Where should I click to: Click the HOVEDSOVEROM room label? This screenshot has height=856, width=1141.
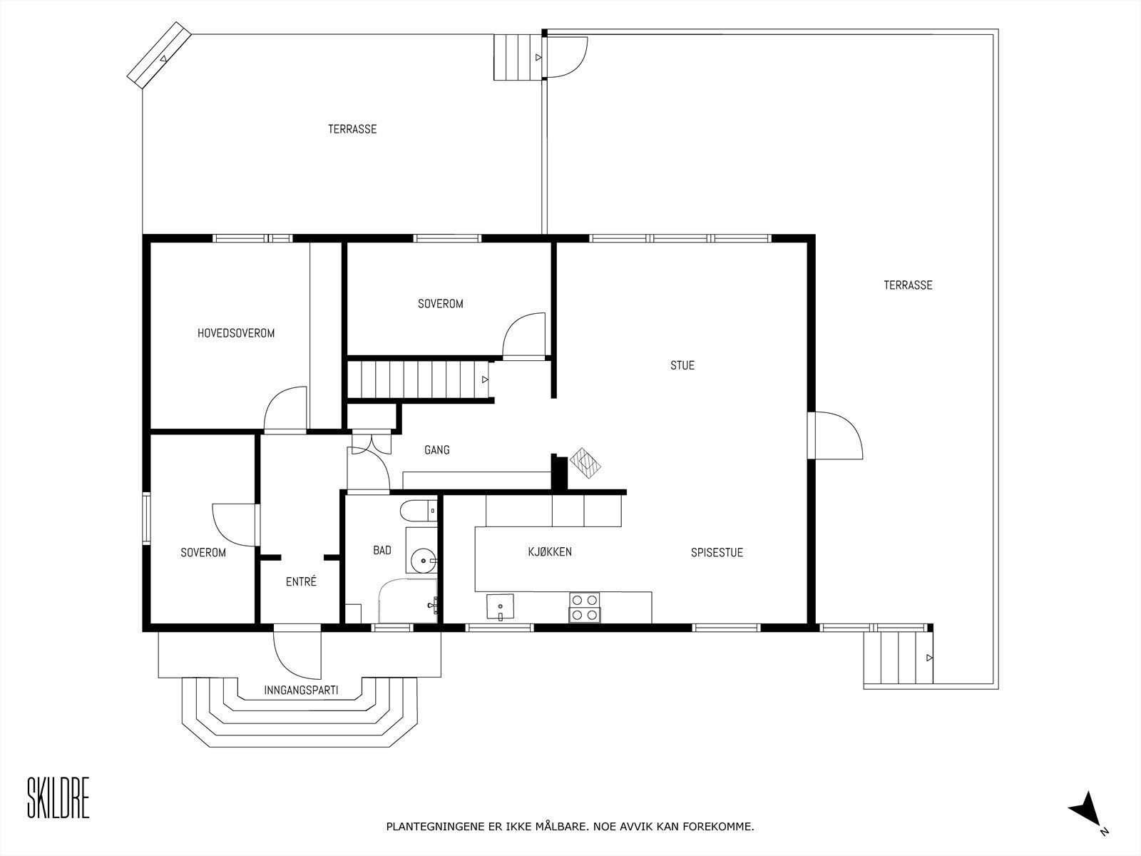[x=236, y=333]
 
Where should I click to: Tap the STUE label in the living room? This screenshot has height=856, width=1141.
[x=682, y=365]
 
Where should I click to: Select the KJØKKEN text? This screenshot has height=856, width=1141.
[x=549, y=551]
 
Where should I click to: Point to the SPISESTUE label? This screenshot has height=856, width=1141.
[x=717, y=552]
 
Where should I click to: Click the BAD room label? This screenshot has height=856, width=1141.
[x=382, y=550]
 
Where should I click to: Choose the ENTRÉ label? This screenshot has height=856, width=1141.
[x=301, y=581]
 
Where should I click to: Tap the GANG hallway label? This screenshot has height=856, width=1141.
[x=436, y=450]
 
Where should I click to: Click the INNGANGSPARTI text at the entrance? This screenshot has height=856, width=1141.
[x=301, y=691]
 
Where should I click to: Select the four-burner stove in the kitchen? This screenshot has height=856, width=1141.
[x=585, y=607]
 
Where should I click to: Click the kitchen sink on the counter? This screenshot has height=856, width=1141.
[x=501, y=607]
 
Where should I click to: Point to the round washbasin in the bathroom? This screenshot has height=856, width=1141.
[x=424, y=561]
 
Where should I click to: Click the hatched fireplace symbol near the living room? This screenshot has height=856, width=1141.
[x=588, y=462]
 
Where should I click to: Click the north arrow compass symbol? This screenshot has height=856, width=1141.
[x=1087, y=809]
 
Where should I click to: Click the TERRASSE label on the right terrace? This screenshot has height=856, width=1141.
[x=908, y=285]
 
